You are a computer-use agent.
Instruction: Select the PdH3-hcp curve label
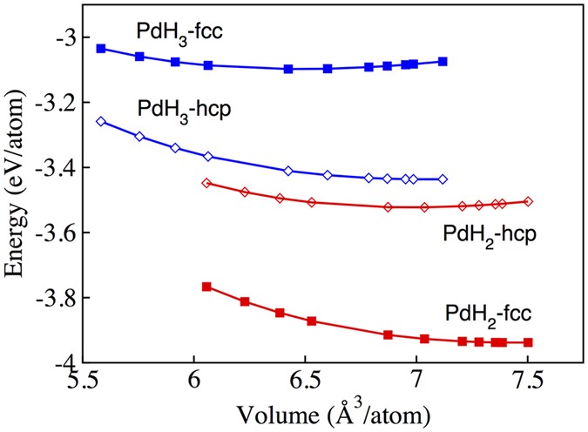tap(180, 109)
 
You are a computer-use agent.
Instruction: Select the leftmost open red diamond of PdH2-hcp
tap(206, 183)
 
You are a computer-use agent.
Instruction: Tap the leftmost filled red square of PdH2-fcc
tap(206, 287)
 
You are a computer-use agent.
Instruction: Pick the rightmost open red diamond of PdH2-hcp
tap(528, 201)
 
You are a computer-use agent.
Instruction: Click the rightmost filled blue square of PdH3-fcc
tap(443, 61)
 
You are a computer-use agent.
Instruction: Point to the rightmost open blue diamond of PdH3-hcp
tap(443, 179)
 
